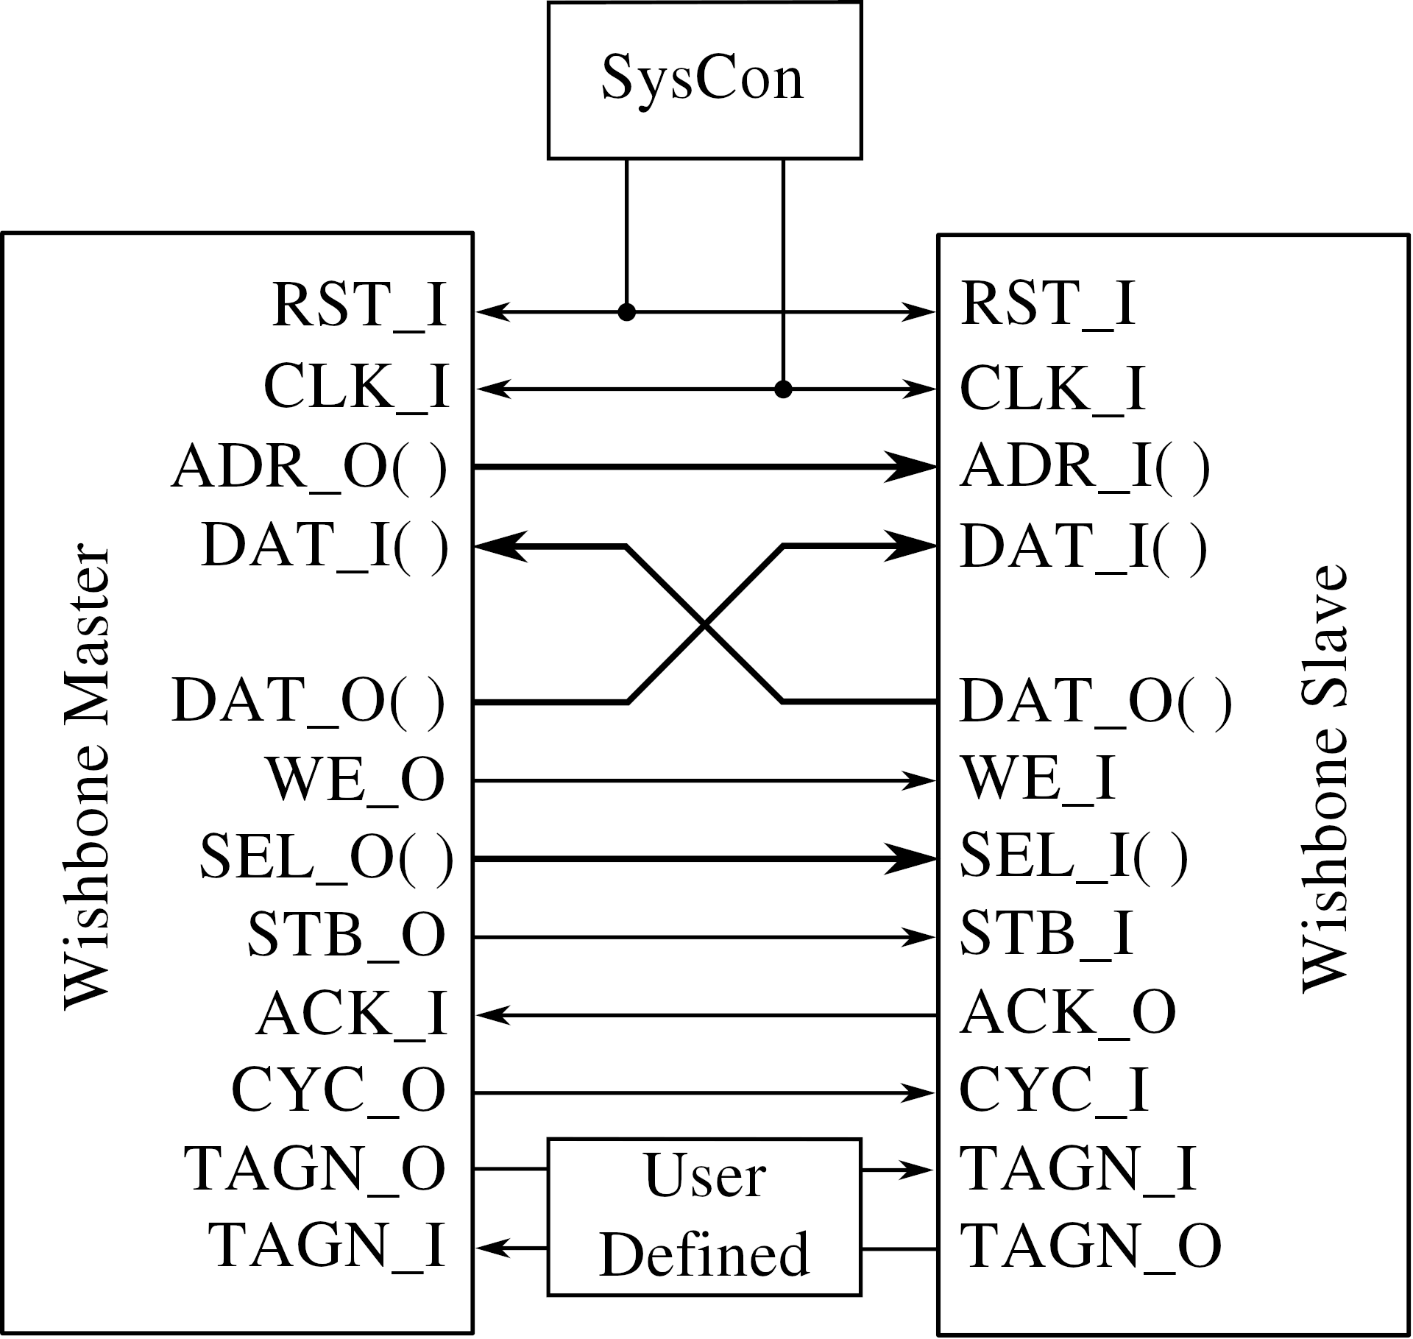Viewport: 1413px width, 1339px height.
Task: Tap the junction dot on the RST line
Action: (x=626, y=312)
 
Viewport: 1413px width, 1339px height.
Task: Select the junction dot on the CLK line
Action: (x=783, y=389)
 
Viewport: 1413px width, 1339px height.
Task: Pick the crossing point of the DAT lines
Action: (x=704, y=625)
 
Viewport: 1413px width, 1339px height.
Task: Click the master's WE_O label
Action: (x=356, y=780)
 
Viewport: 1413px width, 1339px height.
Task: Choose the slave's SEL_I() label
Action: (x=1074, y=858)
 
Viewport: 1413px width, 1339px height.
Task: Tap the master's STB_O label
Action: (x=347, y=935)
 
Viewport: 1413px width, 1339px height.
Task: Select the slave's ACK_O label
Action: (x=1068, y=1014)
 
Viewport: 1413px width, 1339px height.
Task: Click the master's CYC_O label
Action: (x=339, y=1092)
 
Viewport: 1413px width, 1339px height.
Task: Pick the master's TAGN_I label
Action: (x=327, y=1247)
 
